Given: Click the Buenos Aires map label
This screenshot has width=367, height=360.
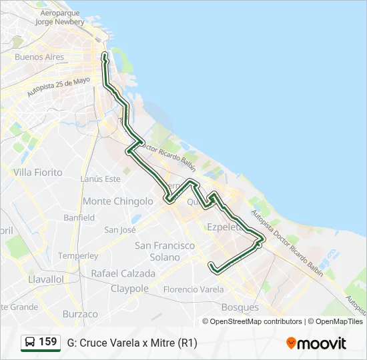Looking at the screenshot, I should (39, 57).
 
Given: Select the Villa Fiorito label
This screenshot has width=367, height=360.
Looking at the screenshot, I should (37, 172).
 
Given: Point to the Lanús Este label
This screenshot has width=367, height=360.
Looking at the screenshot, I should (100, 179).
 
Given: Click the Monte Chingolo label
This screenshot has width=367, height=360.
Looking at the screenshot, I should (117, 201).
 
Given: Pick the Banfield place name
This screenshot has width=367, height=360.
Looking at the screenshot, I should (79, 218).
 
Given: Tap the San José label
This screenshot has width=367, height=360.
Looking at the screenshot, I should (120, 230).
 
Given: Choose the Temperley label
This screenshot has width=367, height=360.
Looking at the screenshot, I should (78, 255).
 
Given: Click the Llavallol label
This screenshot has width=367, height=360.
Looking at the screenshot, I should (46, 279).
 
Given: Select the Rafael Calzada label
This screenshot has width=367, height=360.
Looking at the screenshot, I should (123, 273).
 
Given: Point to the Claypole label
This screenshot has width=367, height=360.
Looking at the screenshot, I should (129, 289).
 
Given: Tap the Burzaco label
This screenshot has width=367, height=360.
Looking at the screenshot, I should (80, 314).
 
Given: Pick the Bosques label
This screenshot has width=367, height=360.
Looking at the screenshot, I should (240, 307).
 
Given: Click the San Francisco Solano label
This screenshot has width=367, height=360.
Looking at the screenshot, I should (165, 251).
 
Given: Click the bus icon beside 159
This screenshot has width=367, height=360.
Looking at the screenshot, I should (30, 343).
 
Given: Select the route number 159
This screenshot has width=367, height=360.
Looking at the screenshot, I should (48, 342).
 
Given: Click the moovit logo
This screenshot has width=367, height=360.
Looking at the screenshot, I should (316, 343).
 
